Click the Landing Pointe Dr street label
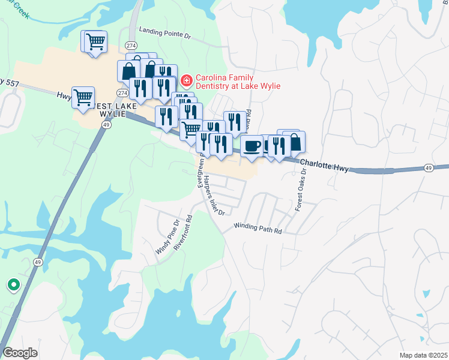tap(164, 32)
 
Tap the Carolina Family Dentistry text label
tap(238, 82)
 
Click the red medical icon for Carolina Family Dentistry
tap(187, 79)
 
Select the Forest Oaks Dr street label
tap(300, 188)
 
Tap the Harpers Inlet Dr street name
tap(213, 196)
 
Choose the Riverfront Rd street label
tap(183, 233)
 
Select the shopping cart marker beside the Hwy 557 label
tap(83, 97)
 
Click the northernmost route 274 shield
tap(131, 46)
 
